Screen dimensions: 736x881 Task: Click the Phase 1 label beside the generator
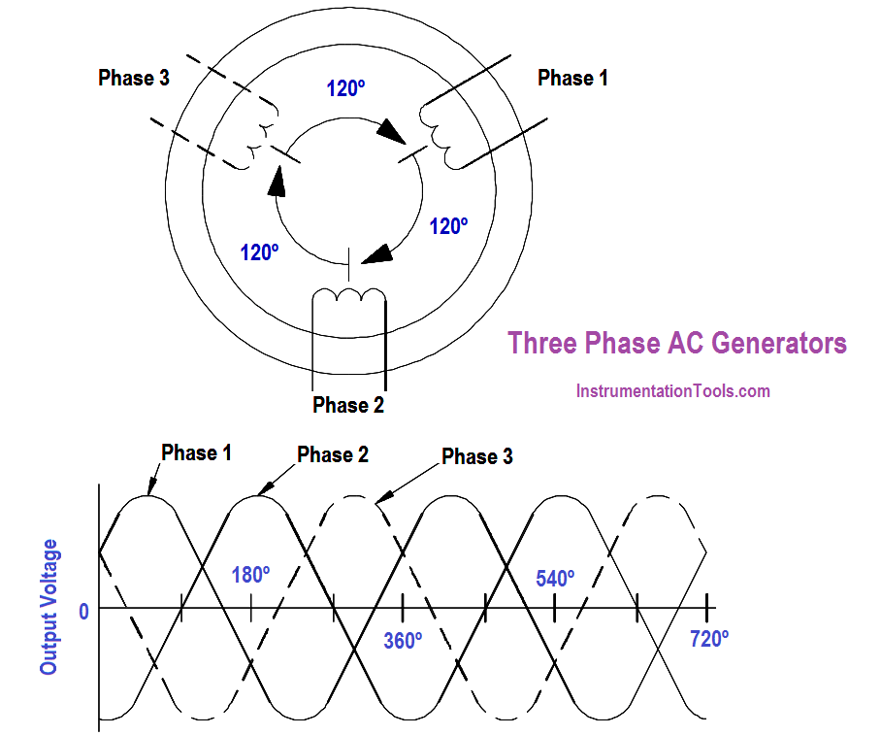click(x=572, y=79)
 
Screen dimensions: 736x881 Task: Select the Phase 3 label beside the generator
click(x=134, y=79)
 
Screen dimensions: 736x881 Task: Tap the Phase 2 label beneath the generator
click(x=348, y=405)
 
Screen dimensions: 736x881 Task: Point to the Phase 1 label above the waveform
click(x=196, y=452)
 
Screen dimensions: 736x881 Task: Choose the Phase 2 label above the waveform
click(x=333, y=454)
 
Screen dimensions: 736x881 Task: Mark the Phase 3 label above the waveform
click(x=476, y=456)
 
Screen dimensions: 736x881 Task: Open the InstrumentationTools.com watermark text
click(x=672, y=391)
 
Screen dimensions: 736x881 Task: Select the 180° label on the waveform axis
click(x=250, y=575)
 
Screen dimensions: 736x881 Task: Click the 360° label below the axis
click(x=403, y=641)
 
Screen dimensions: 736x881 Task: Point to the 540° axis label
click(x=555, y=579)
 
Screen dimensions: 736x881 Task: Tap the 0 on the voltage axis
click(x=84, y=611)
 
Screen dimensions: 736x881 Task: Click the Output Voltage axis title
click(x=49, y=607)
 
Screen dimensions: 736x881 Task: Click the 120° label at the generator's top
click(x=345, y=88)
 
